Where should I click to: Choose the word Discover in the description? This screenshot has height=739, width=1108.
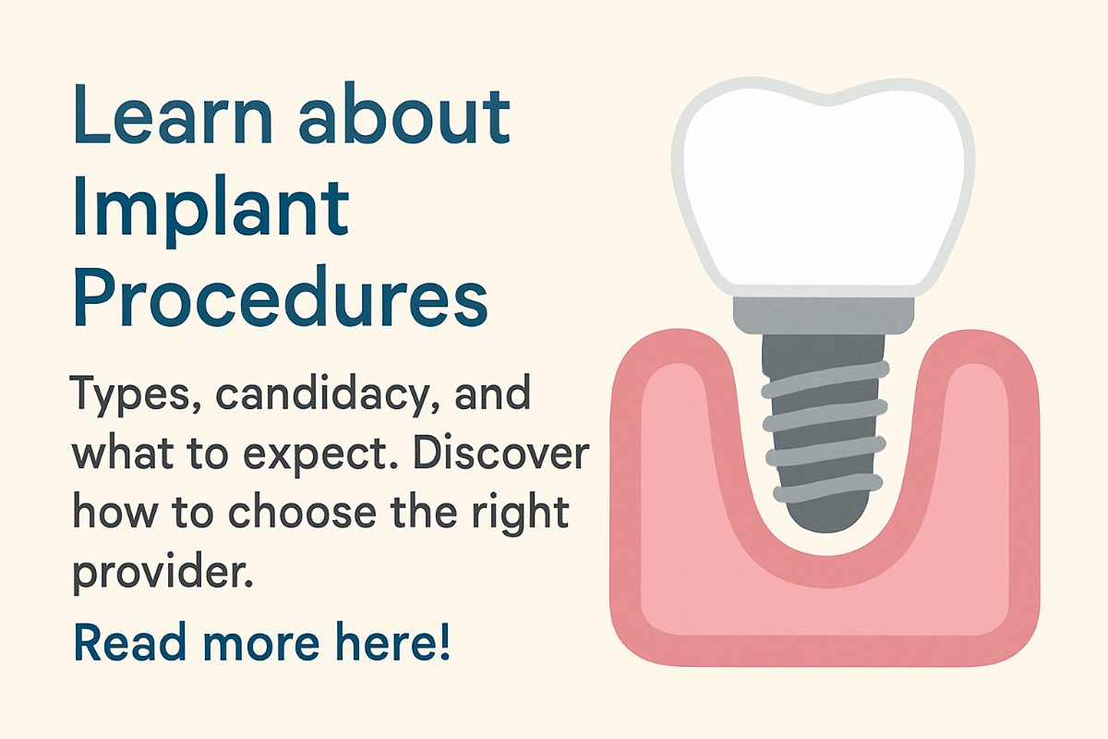pos(501,452)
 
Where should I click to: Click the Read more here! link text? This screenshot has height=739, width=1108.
pos(262,641)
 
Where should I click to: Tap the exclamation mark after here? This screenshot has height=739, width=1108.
pos(445,641)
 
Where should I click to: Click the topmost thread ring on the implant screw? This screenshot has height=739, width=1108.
pos(825,380)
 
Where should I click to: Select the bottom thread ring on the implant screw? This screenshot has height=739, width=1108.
pos(827,488)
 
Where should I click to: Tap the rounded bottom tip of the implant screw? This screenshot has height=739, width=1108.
pos(825,526)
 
